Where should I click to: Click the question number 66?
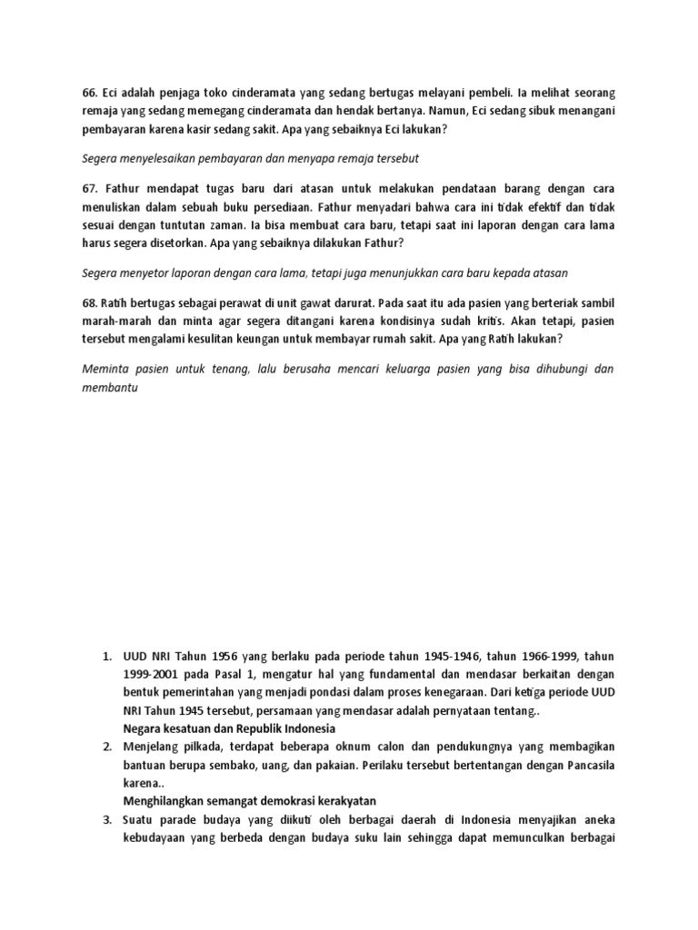pyautogui.click(x=89, y=92)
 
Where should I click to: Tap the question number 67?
pyautogui.click(x=89, y=186)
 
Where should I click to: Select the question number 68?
pyautogui.click(x=89, y=302)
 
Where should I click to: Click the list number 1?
pyautogui.click(x=105, y=654)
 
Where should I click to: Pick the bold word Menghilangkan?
pyautogui.click(x=168, y=800)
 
